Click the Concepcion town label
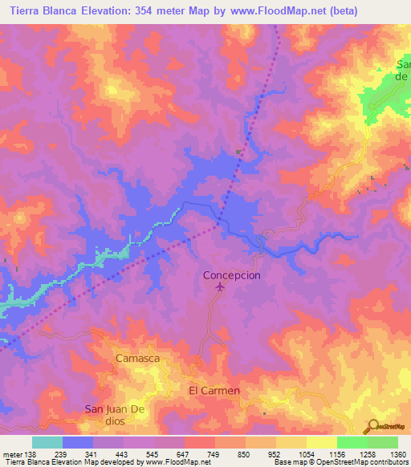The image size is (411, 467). pyautogui.click(x=231, y=274)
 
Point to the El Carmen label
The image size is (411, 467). pyautogui.click(x=214, y=391)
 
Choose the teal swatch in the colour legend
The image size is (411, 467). pyautogui.click(x=47, y=442)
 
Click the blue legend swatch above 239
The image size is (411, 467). pyautogui.click(x=78, y=442)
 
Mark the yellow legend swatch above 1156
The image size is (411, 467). pyautogui.click(x=321, y=442)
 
